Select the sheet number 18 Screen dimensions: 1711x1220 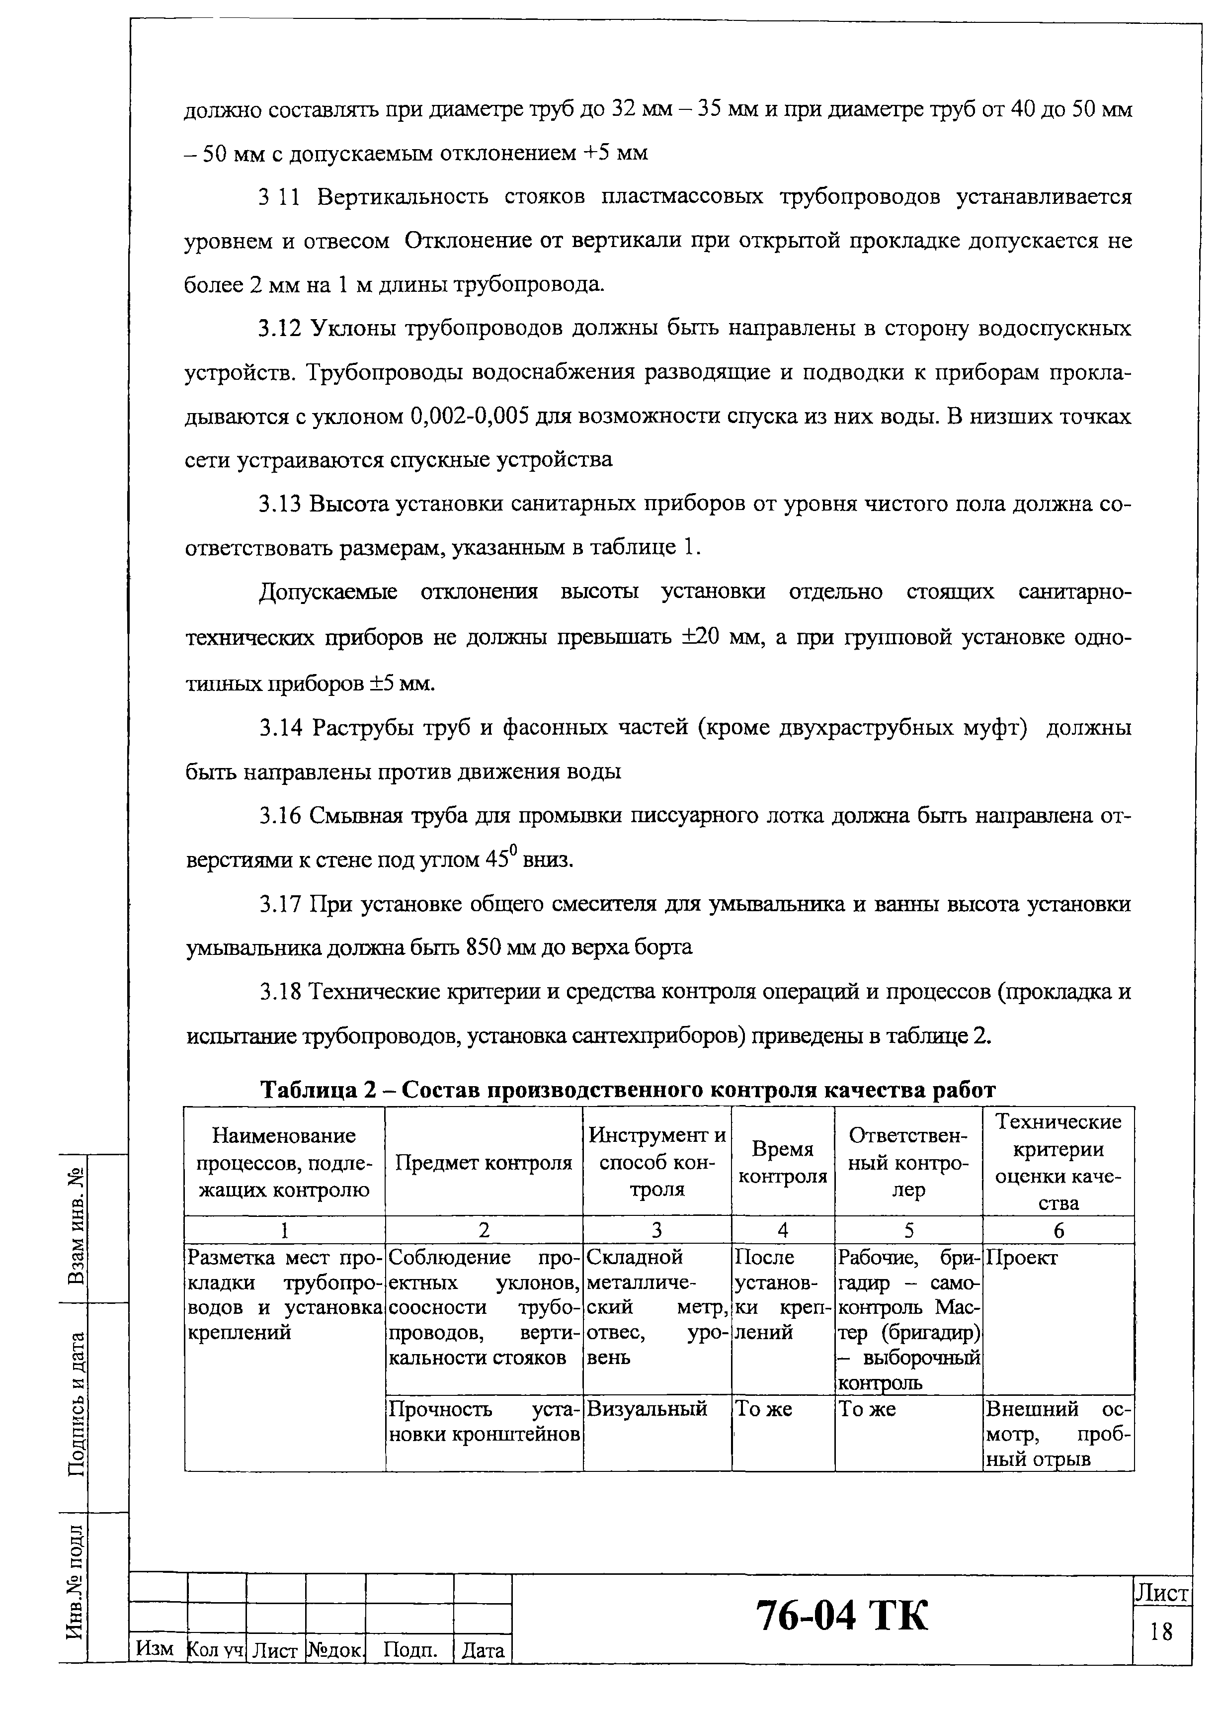tap(1161, 1631)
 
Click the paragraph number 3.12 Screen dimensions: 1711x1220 tap(280, 329)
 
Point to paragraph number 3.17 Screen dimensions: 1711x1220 tap(280, 904)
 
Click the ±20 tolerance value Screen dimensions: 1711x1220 tap(702, 637)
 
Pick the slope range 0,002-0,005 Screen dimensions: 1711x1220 tap(470, 416)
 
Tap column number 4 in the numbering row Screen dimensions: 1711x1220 tap(782, 1230)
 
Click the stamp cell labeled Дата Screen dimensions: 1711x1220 tap(483, 1651)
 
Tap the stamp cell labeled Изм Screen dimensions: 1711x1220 tap(156, 1649)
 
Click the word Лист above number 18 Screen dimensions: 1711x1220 tap(1161, 1592)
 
